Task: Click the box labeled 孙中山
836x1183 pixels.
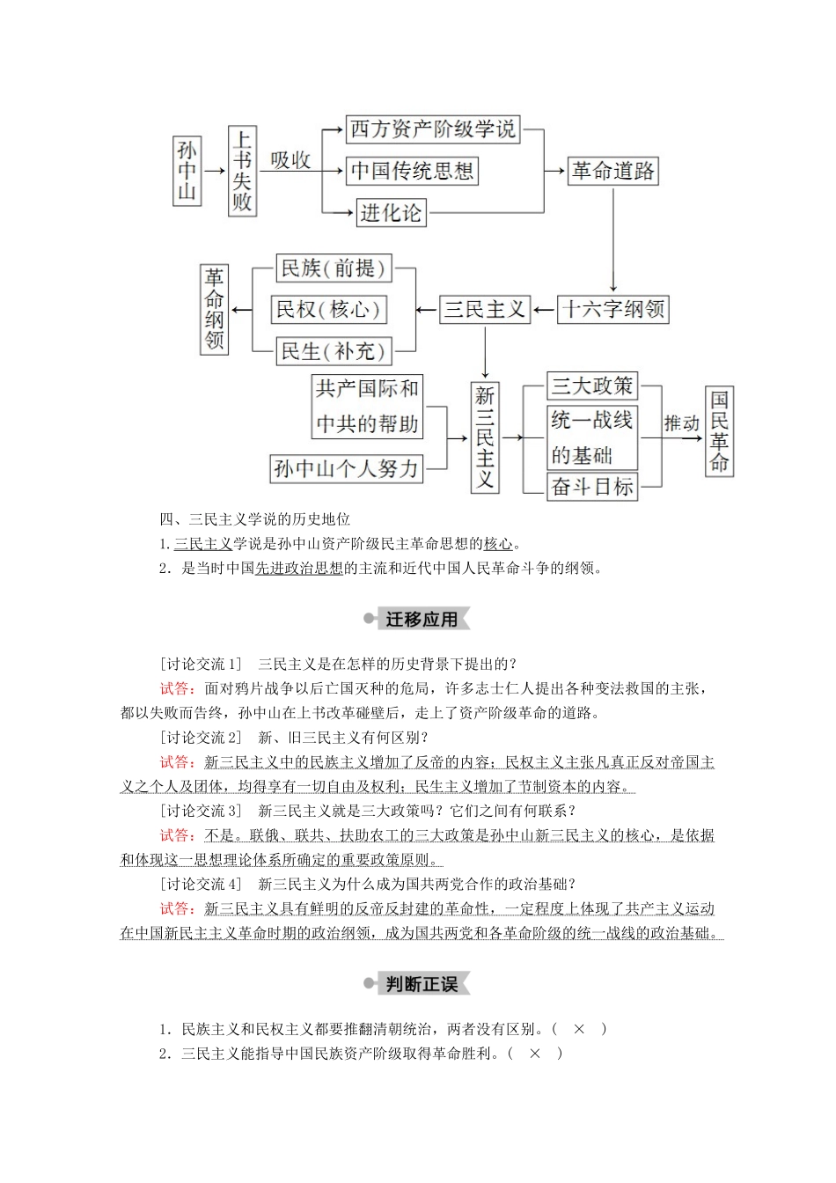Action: point(187,171)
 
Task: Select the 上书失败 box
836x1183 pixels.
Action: point(242,171)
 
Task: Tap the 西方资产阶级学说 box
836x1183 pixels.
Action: point(432,129)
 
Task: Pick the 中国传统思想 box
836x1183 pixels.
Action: point(412,171)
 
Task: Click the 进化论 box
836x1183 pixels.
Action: point(391,213)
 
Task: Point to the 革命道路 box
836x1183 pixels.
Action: point(613,171)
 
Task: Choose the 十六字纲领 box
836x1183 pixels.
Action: point(613,309)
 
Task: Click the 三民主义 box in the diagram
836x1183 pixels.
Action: point(485,309)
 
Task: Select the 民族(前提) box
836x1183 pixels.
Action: point(333,268)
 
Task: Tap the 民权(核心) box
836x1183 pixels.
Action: point(328,309)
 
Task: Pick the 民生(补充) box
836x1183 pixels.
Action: point(333,351)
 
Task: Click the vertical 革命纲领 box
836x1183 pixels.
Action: point(214,309)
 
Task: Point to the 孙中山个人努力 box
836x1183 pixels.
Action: point(346,468)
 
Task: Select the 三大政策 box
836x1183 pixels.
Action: point(591,386)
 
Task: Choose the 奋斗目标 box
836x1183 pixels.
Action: point(591,486)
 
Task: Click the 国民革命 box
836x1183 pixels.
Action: point(719,431)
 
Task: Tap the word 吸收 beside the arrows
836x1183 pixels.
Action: point(290,159)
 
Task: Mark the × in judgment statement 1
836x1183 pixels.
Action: point(579,1029)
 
